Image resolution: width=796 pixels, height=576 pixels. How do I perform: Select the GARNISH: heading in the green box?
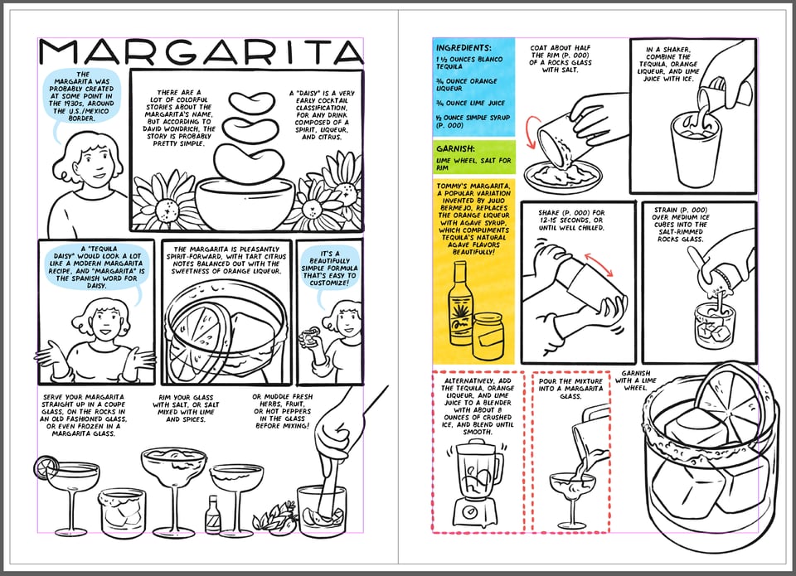click(455, 150)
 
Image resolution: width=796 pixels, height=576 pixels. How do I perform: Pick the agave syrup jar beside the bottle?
click(489, 332)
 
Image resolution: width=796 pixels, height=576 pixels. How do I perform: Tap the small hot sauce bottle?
click(214, 515)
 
